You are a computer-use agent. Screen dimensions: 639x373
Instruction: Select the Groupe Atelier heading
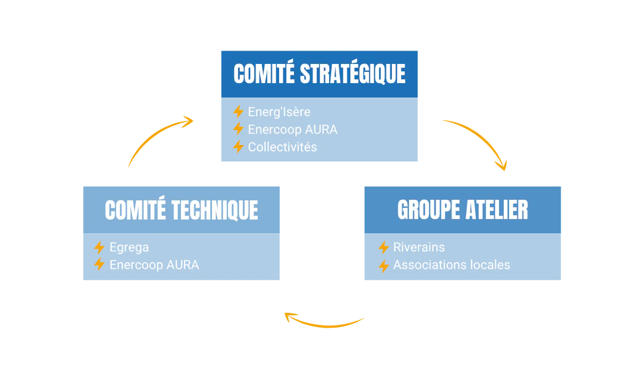463,210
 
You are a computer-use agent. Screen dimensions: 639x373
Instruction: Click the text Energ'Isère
279,112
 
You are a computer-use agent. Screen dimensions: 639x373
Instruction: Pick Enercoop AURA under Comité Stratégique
293,129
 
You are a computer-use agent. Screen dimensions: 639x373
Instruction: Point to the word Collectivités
282,147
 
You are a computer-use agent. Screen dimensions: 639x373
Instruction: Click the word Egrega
129,248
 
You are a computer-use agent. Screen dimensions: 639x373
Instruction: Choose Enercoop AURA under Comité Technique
154,265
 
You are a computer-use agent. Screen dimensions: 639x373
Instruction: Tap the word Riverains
419,247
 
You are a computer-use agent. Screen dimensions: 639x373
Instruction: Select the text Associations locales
452,265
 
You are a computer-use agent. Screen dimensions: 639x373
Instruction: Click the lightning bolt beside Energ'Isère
238,111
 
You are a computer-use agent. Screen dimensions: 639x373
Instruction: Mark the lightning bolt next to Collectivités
238,147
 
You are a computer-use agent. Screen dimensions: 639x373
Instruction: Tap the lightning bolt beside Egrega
99,247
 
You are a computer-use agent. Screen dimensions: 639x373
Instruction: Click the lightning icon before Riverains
384,247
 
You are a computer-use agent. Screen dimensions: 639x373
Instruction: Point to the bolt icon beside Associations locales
384,266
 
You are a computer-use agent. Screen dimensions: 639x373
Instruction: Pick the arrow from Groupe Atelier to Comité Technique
325,326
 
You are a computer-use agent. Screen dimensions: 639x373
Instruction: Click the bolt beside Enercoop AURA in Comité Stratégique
238,129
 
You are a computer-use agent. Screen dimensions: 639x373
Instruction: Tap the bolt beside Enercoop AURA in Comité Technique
99,264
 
